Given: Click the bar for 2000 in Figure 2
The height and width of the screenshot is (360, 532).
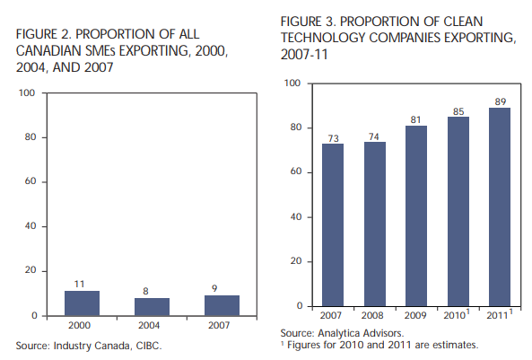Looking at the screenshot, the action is click(x=83, y=303).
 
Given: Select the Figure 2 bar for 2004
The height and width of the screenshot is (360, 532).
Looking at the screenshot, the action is click(x=152, y=307).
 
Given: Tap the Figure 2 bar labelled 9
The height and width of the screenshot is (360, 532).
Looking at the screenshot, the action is click(x=222, y=305).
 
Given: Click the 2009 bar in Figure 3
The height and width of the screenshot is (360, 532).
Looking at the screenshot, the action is click(x=416, y=216).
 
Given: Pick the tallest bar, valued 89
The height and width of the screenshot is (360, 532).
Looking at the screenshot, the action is click(x=500, y=207).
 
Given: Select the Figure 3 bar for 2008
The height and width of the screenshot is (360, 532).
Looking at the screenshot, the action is click(x=375, y=224).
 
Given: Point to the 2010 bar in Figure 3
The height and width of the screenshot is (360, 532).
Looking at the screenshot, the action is click(x=458, y=212).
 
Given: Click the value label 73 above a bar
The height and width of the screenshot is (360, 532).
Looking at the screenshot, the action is click(x=333, y=138).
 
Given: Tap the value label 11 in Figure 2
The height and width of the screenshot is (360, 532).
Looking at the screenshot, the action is click(x=79, y=285).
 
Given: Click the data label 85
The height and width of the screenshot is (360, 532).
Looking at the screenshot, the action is click(x=458, y=111).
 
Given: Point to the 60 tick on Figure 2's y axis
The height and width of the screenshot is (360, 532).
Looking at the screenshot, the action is click(x=31, y=181).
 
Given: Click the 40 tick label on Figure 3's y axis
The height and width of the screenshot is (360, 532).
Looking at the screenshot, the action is click(x=296, y=216).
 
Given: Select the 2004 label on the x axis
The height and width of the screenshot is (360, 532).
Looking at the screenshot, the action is click(x=149, y=325).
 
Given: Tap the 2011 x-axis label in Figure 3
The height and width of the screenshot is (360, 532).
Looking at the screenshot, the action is click(x=497, y=315).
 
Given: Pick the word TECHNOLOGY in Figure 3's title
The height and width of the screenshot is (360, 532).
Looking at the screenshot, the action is click(x=323, y=38).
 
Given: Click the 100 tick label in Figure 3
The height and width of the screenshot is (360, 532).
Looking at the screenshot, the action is click(x=292, y=83).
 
